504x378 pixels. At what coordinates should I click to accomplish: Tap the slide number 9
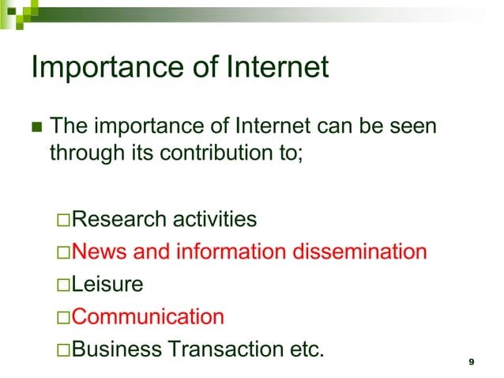(472, 361)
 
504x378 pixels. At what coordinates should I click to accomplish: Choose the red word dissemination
(360, 251)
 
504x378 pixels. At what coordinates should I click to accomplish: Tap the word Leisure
(103, 284)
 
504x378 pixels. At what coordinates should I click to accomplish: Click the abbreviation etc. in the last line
(303, 349)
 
